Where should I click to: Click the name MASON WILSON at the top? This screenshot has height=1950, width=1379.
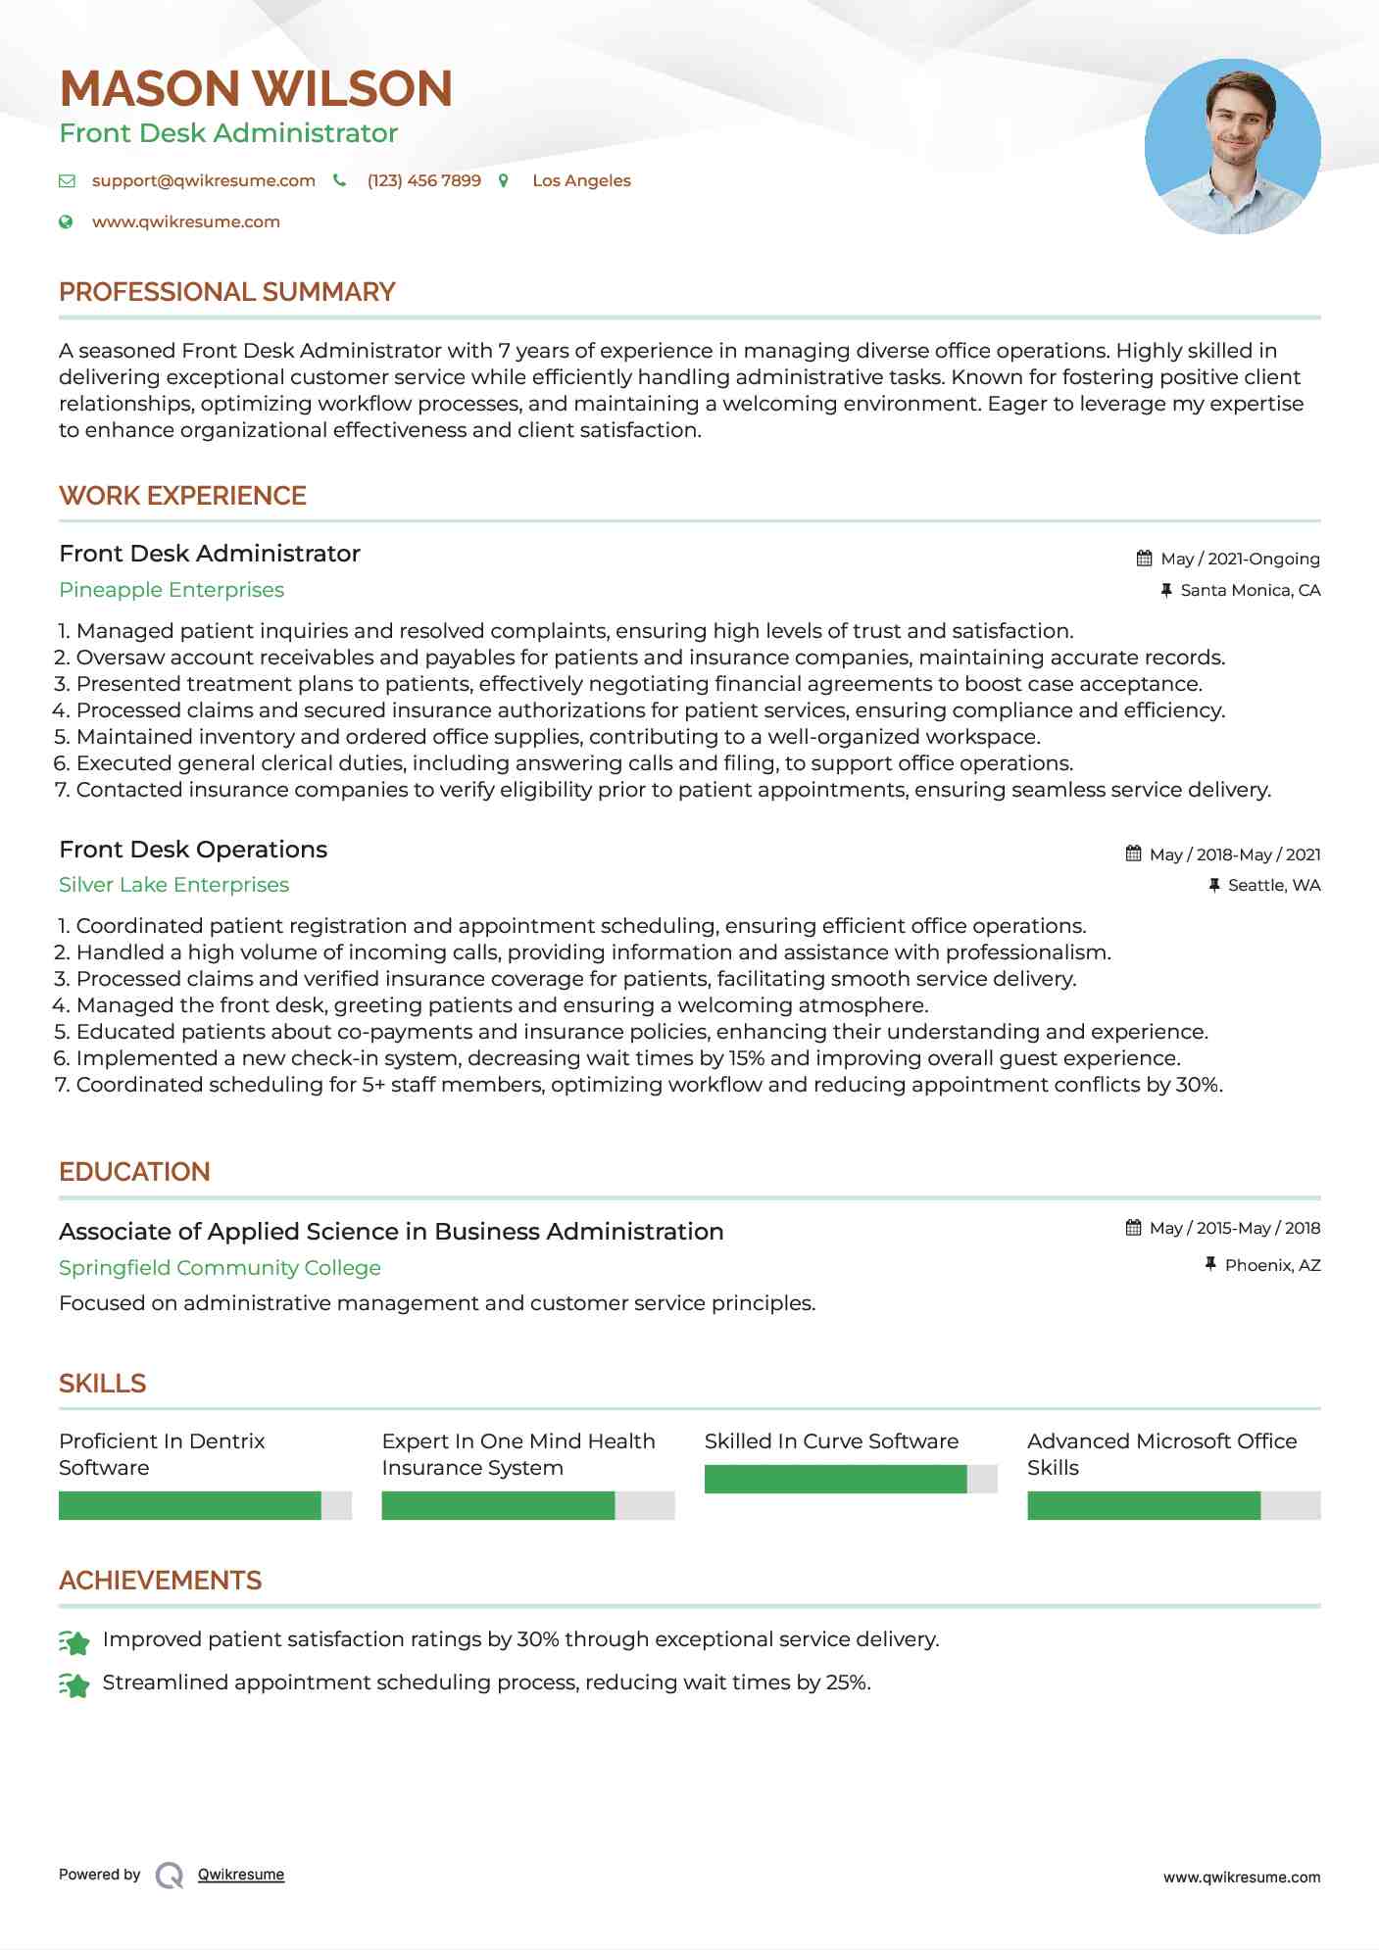coord(256,89)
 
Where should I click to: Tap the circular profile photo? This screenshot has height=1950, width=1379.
coord(1232,146)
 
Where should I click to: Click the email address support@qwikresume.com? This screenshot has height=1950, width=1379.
coord(203,181)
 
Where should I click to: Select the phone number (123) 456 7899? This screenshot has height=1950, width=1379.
coord(423,181)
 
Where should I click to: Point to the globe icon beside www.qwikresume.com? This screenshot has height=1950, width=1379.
coord(66,222)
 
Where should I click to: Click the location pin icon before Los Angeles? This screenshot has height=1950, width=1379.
coord(504,181)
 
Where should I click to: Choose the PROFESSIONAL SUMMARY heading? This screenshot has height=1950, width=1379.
coord(226,292)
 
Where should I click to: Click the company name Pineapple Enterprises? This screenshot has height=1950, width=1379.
coord(172,590)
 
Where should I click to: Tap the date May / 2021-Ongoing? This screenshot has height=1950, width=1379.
coord(1240,559)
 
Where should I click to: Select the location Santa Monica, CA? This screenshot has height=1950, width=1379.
coord(1250,590)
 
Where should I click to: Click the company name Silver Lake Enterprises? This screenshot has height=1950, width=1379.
coord(173,885)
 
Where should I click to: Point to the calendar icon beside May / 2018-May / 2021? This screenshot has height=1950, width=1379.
coord(1133,853)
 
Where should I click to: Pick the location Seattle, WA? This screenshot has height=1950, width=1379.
coord(1273,886)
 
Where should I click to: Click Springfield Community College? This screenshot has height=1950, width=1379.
coord(220,1268)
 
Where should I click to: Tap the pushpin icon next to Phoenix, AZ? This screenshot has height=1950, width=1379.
coord(1210,1265)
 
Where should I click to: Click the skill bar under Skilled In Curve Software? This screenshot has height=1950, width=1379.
coord(850,1479)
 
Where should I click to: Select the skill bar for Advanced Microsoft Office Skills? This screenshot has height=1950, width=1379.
coord(1173,1505)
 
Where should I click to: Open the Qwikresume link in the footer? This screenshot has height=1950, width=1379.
coord(240,1875)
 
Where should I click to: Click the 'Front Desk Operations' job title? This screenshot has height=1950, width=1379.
coord(193,850)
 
